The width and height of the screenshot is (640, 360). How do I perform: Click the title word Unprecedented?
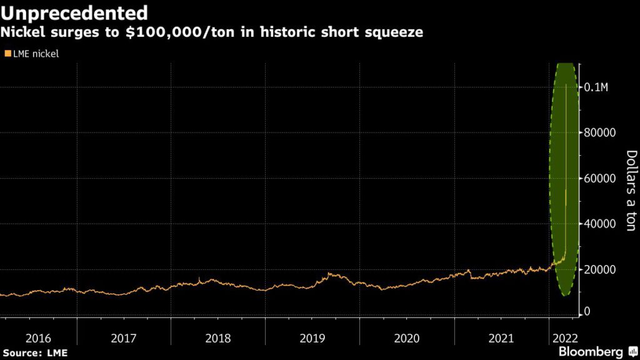pyautogui.click(x=74, y=12)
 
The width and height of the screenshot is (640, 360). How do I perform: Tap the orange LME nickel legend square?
pyautogui.click(x=7, y=54)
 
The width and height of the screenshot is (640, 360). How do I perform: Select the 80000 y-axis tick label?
pyautogui.click(x=600, y=132)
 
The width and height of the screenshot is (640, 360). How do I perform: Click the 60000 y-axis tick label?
pyautogui.click(x=600, y=178)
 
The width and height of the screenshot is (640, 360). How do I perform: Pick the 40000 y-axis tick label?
pyautogui.click(x=600, y=224)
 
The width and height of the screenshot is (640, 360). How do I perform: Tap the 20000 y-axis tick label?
pyautogui.click(x=600, y=269)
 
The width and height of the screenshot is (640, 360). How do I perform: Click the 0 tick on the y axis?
pyautogui.click(x=587, y=311)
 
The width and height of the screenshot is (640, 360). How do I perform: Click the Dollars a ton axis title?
pyautogui.click(x=631, y=191)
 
